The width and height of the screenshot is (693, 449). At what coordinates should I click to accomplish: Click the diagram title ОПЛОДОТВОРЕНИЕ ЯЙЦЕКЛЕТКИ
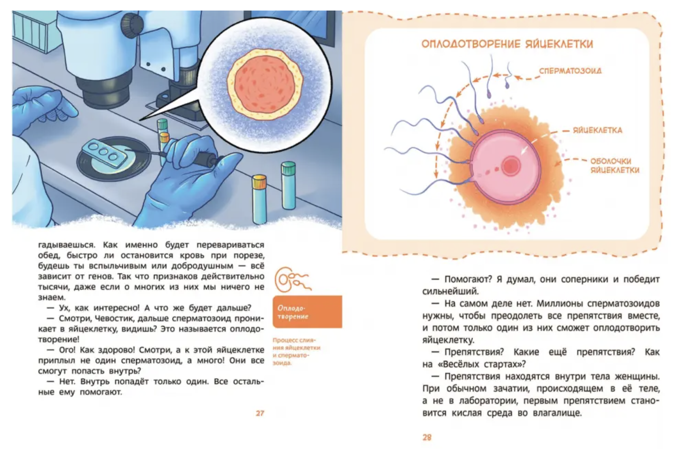point(507,44)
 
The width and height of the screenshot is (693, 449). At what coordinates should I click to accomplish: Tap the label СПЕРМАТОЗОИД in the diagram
point(571,71)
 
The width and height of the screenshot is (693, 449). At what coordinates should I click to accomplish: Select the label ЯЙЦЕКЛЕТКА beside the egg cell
point(597,130)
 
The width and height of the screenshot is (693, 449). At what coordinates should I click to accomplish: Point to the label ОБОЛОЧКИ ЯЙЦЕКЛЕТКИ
point(615,165)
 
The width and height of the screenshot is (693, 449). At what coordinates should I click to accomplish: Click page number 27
point(260,413)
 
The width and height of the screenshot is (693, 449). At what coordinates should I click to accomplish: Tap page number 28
point(427,437)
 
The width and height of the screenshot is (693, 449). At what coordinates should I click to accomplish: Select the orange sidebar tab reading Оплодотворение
point(307,312)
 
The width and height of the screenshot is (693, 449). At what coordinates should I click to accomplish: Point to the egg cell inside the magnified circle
point(265,84)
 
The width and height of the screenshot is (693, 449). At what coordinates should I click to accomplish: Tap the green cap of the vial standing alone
point(288,168)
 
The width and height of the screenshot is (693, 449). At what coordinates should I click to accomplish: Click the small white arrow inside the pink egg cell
point(526,148)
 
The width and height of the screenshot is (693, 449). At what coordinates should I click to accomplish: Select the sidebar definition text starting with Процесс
point(296,352)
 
